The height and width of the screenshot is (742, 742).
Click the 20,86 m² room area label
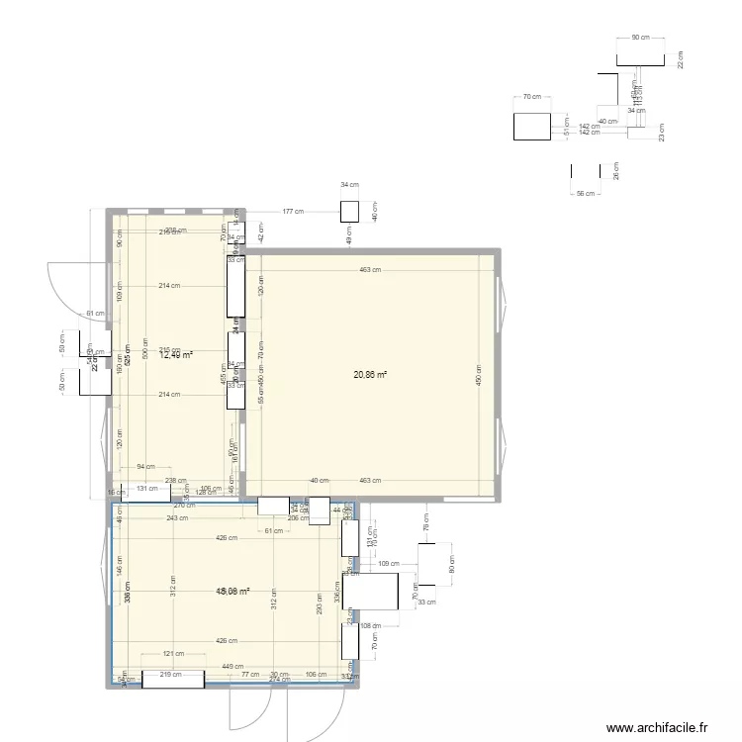point(371,375)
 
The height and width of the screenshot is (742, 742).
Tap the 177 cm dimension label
point(292,212)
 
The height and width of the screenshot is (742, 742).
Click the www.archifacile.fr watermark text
point(658,728)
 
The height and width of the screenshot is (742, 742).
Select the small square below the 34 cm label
point(349,211)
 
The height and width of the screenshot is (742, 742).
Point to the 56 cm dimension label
point(587,194)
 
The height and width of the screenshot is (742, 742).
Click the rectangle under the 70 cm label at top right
point(531,126)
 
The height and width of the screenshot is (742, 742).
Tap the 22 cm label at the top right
point(681,60)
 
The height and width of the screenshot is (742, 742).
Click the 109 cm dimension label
point(388,564)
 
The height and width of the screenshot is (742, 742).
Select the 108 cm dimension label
point(372,626)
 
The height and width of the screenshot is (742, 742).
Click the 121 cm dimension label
point(173,655)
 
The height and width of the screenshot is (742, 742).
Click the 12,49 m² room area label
point(176,355)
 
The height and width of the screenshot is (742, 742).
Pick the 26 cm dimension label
point(615,172)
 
